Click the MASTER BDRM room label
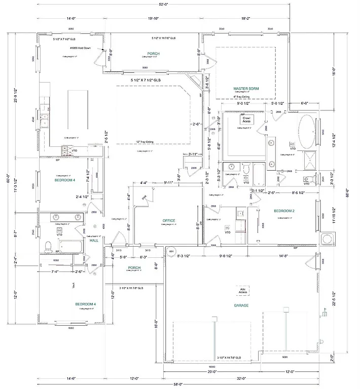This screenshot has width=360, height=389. pyautogui.click(x=246, y=89)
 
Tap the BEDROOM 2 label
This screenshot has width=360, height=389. pyautogui.click(x=284, y=211)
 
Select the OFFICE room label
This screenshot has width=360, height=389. pyautogui.click(x=169, y=221)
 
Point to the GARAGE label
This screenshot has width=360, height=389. pyautogui.click(x=241, y=306)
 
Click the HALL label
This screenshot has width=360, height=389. pyautogui.click(x=94, y=241)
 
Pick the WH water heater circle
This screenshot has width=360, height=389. pyautogui.click(x=171, y=251)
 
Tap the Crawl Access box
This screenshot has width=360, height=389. pyautogui.click(x=247, y=120)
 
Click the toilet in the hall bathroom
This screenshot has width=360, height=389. pyautogui.click(x=48, y=247)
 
